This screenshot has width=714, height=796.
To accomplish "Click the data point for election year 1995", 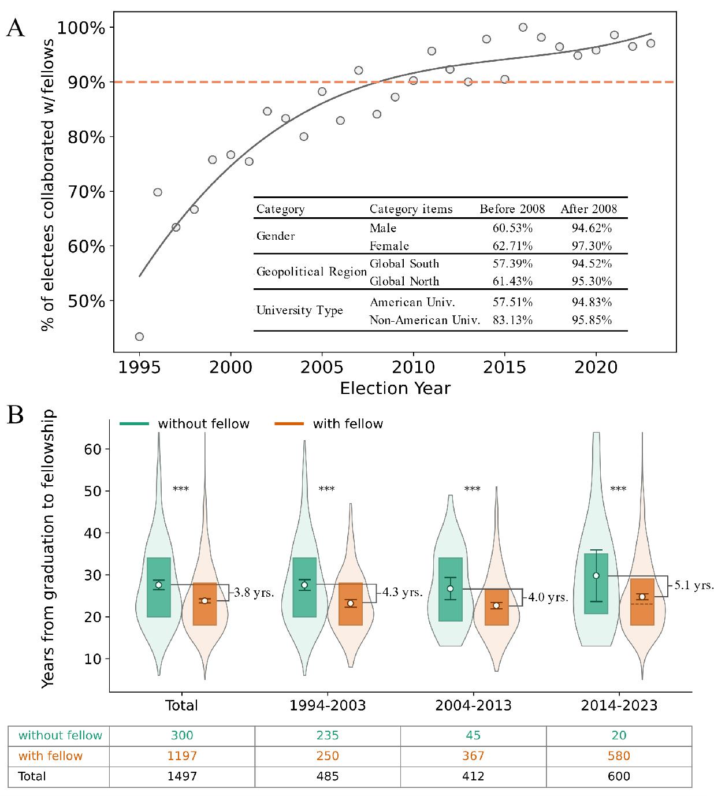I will point(139,337).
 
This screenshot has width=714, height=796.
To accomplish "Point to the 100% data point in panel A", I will point(523,27).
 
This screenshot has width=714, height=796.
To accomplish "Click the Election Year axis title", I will point(395,388).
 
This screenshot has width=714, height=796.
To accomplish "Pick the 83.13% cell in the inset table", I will point(512,320).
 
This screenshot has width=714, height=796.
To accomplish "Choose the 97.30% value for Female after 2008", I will point(592,246).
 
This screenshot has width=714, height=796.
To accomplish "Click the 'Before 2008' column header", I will point(512,209).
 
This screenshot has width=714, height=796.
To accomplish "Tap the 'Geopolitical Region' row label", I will point(311,272).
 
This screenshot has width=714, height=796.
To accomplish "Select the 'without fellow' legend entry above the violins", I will point(185,424).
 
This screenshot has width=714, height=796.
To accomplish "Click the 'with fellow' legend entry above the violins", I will point(329,424).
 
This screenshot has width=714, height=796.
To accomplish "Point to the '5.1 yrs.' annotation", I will point(694,585).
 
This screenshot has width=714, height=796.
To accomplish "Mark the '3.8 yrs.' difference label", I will point(253,593).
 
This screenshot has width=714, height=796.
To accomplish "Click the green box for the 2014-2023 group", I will point(596,583).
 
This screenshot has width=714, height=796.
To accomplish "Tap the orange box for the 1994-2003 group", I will point(351,604).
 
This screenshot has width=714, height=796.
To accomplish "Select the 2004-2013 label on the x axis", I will point(473,705).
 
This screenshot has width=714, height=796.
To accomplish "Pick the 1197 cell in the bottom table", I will point(182,756).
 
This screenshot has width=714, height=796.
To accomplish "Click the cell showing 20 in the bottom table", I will point(619,735).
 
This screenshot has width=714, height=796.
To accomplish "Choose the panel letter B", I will point(14,415).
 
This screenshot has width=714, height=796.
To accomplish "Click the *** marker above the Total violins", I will point(181,490).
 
